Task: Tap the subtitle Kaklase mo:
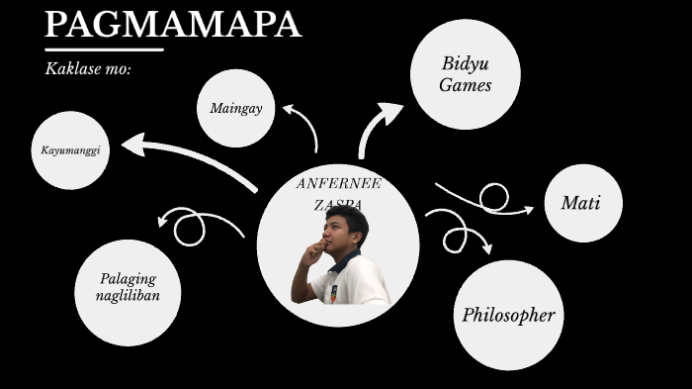(88, 69)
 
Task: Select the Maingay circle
(235, 108)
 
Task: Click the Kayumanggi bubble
(70, 150)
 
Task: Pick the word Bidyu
(465, 64)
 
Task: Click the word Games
(465, 85)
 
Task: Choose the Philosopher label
(508, 316)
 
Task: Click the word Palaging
(128, 279)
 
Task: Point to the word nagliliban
(128, 295)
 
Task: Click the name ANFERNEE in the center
(338, 183)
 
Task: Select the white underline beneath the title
(104, 49)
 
